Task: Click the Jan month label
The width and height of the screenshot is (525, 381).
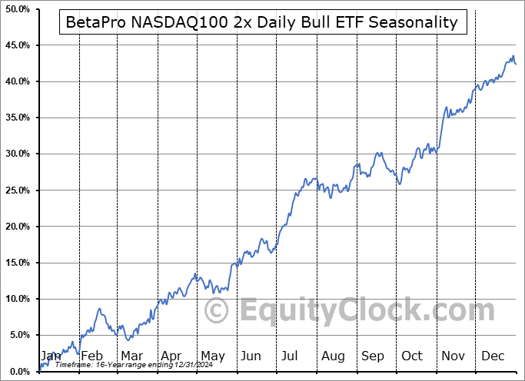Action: (51, 356)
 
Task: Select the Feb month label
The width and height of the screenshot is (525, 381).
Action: (91, 356)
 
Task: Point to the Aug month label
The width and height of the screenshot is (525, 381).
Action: (333, 356)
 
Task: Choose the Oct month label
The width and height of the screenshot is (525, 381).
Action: (412, 356)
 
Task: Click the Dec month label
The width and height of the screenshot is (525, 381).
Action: (493, 356)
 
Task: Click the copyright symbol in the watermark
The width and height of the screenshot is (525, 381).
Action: (216, 311)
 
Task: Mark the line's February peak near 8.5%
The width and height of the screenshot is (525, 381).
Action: (99, 309)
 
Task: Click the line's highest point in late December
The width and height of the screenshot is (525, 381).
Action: (513, 56)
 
